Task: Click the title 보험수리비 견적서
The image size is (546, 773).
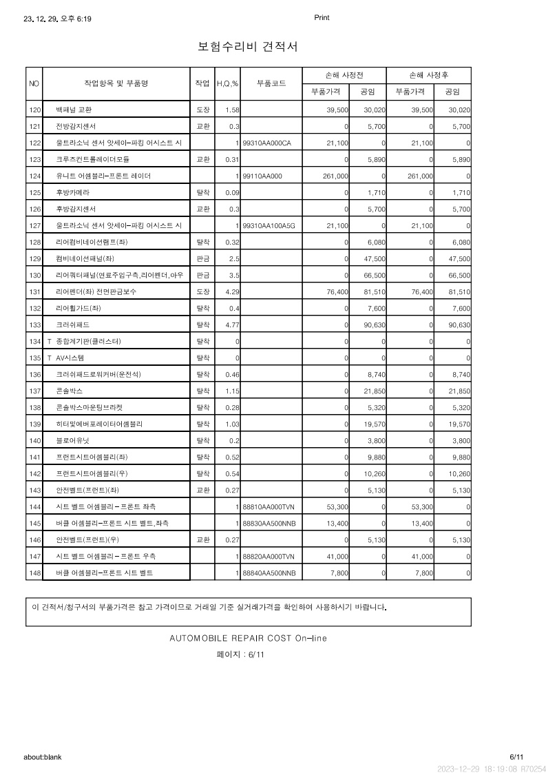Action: (x=247, y=47)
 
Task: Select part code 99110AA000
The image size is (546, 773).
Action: (x=263, y=176)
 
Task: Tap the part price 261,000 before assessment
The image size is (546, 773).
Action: (x=335, y=176)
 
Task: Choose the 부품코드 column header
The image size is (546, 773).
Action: (x=271, y=83)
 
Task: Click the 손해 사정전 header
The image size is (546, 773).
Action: (x=344, y=74)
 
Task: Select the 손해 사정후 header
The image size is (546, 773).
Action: (x=428, y=74)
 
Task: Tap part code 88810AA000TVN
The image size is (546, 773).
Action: (x=269, y=506)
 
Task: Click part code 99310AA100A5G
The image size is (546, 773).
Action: (x=269, y=225)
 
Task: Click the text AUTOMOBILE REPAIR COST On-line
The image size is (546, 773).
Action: (x=248, y=638)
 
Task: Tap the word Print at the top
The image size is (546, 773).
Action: (x=322, y=18)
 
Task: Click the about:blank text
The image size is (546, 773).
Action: (x=43, y=756)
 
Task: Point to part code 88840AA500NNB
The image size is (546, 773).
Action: (x=269, y=573)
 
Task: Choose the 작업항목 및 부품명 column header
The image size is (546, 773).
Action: (x=116, y=83)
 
